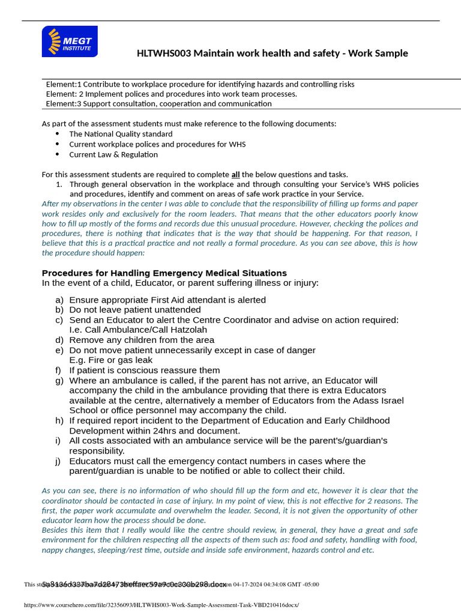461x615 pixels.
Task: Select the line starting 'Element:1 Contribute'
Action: pos(200,84)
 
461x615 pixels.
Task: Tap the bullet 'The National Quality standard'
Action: pos(121,134)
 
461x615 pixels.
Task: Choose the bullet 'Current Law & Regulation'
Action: pos(113,154)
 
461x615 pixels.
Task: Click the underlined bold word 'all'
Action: pos(236,174)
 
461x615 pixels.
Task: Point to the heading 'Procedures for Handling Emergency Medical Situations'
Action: pos(164,273)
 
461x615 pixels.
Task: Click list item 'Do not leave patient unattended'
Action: pos(135,310)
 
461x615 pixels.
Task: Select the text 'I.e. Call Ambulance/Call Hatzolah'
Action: pos(138,330)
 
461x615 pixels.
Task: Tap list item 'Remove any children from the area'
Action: pos(142,340)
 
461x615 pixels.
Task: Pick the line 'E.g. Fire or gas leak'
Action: pos(111,360)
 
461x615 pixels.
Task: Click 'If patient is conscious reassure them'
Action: pos(145,371)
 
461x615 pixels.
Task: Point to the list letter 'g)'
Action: pos(59,381)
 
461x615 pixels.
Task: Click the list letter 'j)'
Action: pos(59,461)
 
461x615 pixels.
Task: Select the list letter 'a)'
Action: pos(59,300)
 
